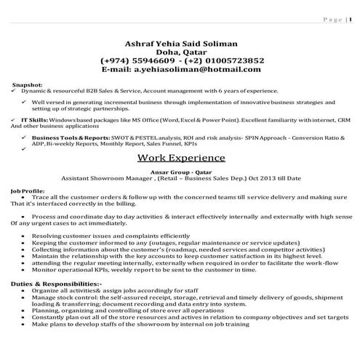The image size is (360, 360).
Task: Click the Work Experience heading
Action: click(x=181, y=157)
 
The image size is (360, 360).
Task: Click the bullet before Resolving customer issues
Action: click(x=25, y=236)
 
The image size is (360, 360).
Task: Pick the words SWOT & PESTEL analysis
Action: click(x=145, y=137)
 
